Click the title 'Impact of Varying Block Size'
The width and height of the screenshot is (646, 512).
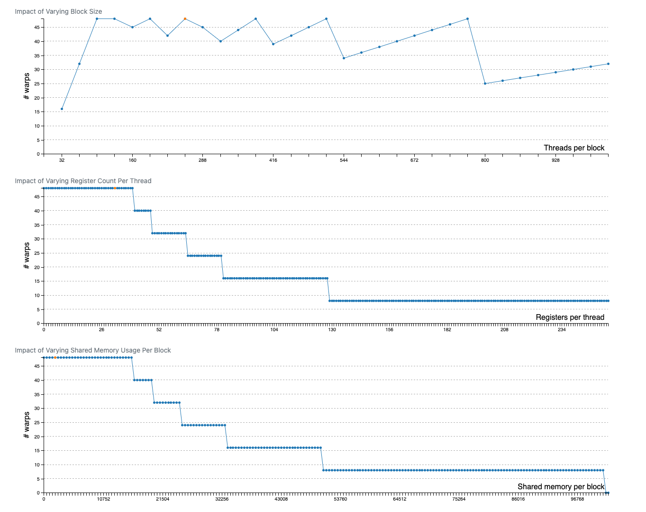coord(58,11)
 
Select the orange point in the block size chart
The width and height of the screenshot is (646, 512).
coord(185,19)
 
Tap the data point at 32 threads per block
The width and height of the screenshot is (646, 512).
coord(62,109)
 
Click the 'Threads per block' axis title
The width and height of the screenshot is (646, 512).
coord(574,148)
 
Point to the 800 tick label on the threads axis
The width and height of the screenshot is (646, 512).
coord(485,160)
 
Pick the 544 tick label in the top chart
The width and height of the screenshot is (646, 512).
coord(344,160)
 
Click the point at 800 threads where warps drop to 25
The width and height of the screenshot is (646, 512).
coord(485,84)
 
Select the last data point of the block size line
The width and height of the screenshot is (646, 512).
coord(608,64)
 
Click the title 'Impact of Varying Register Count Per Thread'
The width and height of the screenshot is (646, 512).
coord(83,181)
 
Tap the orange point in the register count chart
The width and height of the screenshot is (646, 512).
coord(115,188)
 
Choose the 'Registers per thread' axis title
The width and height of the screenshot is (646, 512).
coord(570,317)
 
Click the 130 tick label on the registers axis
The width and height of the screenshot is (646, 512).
coord(332,330)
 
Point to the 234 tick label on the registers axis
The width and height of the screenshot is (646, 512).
coord(562,330)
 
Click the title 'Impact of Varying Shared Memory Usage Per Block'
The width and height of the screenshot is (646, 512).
coord(93,350)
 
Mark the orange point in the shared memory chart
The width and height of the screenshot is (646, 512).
coord(55,357)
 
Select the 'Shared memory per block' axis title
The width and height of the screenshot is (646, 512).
coord(561,487)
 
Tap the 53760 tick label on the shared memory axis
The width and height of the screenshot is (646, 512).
coord(340,499)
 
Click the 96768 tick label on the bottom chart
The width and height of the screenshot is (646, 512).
coord(577,499)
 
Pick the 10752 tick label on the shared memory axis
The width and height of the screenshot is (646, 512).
coord(103,499)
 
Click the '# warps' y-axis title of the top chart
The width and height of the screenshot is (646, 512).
coord(27,86)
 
